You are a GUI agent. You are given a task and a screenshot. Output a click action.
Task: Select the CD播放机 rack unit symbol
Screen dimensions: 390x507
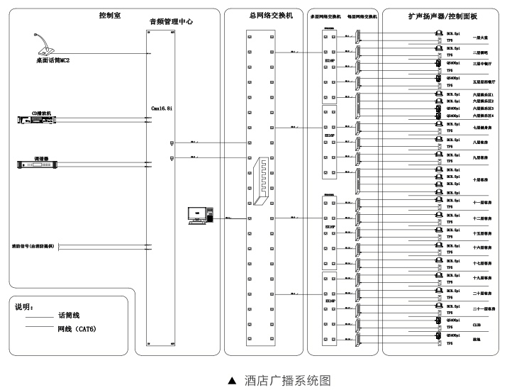(x=37, y=119)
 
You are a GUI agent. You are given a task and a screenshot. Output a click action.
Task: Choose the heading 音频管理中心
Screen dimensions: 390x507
(x=172, y=22)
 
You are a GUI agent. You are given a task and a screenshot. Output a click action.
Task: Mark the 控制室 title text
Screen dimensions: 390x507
(x=110, y=15)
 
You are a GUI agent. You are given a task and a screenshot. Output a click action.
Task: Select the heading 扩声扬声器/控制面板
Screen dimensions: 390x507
(x=439, y=15)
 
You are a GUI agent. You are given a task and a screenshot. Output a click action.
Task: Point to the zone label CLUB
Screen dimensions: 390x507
(x=477, y=325)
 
